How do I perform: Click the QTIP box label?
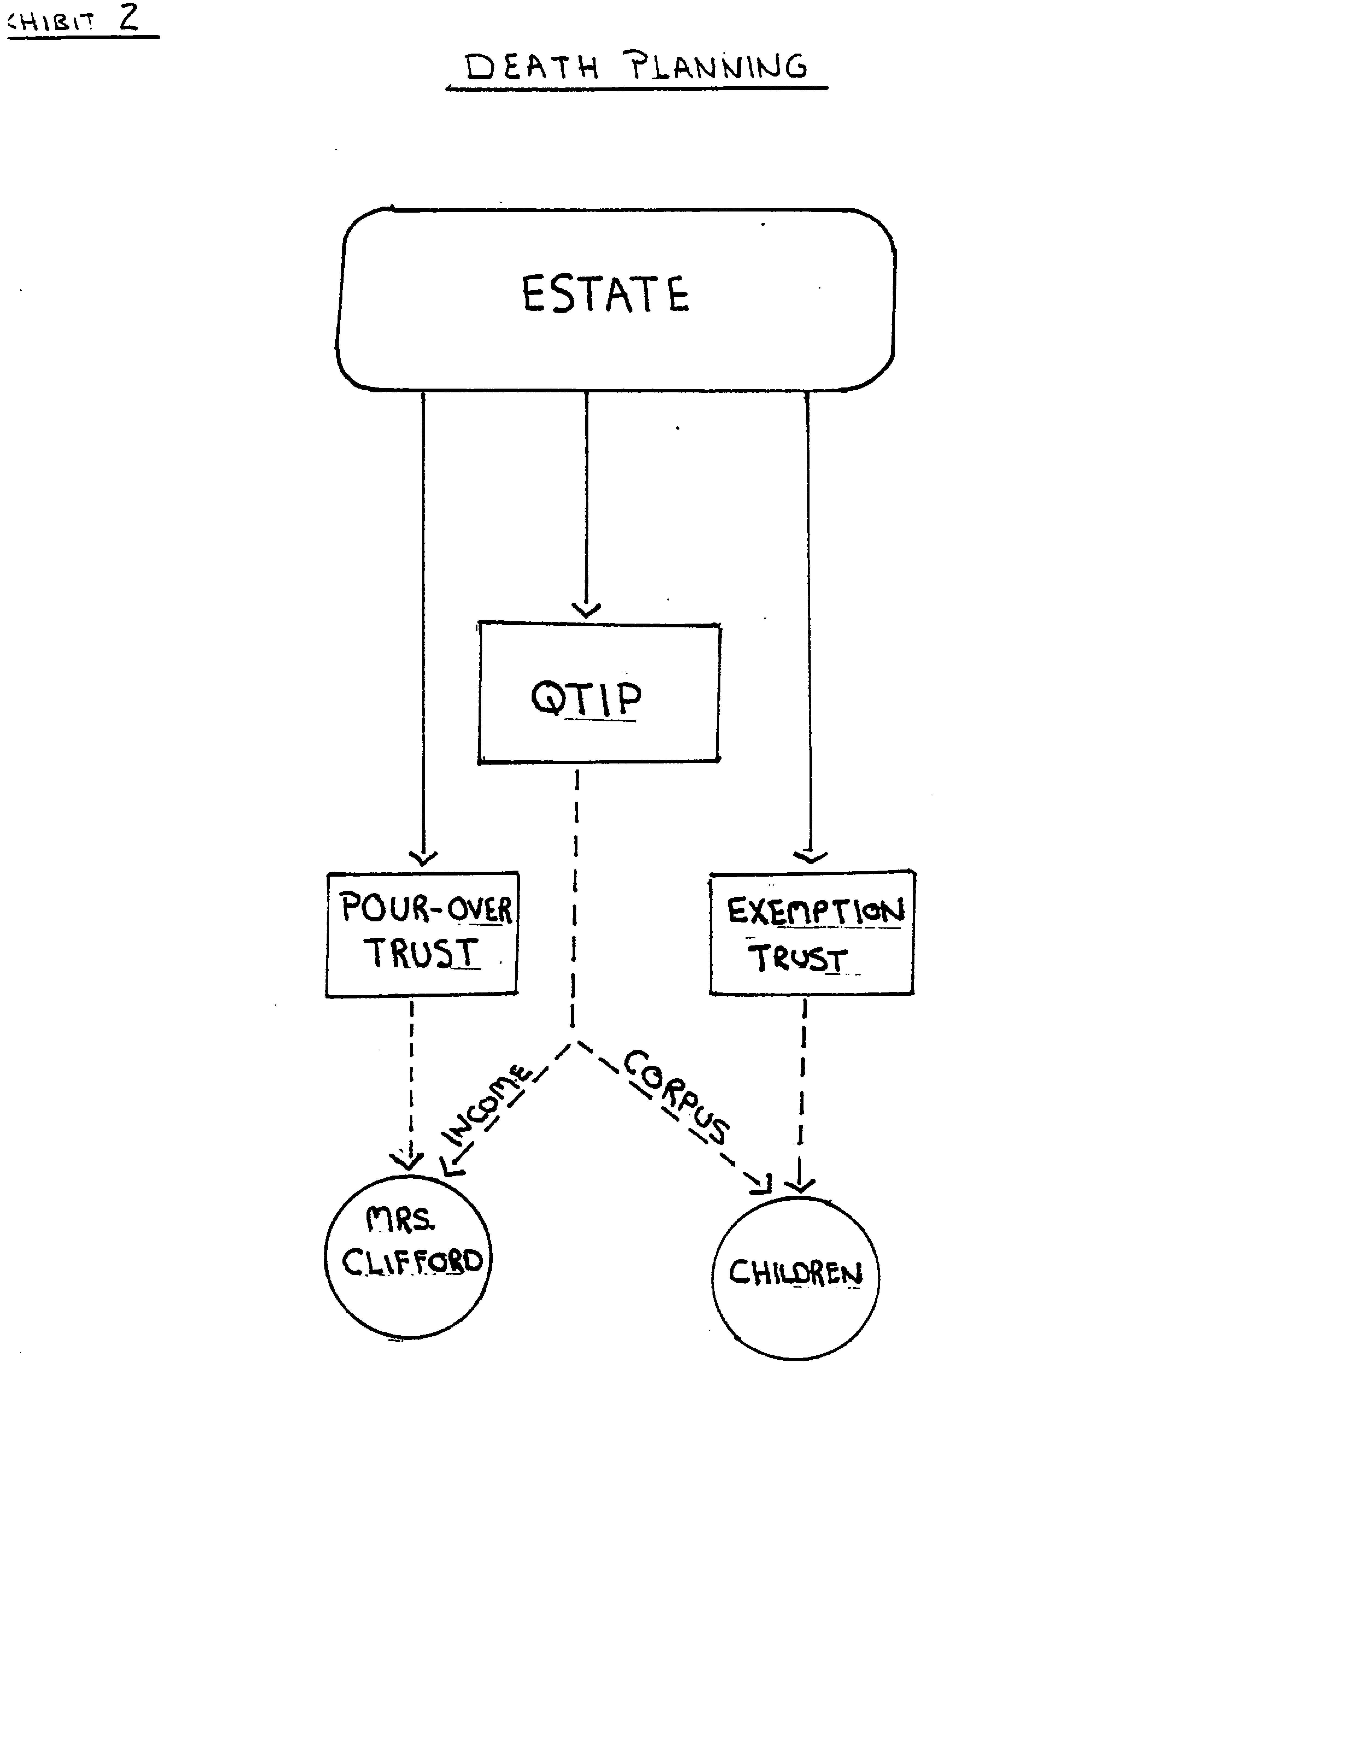pyautogui.click(x=587, y=698)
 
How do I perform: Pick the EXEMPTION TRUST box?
pyautogui.click(x=812, y=933)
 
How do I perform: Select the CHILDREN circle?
pyautogui.click(x=795, y=1278)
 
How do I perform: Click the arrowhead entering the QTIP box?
pyautogui.click(x=587, y=611)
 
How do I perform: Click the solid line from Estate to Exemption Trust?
pyautogui.click(x=808, y=625)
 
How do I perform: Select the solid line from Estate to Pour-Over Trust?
pyautogui.click(x=423, y=625)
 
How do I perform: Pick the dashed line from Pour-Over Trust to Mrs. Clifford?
pyautogui.click(x=411, y=1081)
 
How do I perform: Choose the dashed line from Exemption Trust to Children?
pyautogui.click(x=802, y=1089)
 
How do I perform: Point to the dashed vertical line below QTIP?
pyautogui.click(x=574, y=897)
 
